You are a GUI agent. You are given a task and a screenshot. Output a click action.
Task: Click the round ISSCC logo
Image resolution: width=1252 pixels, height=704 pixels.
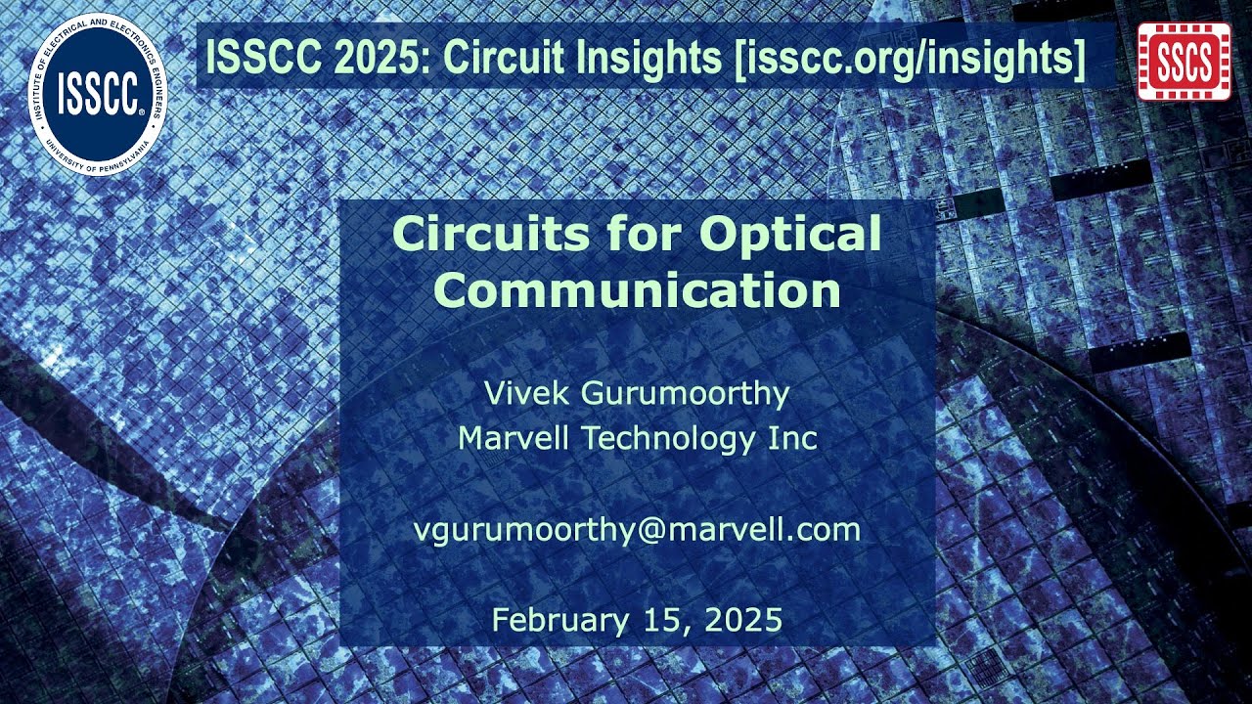[x=97, y=93]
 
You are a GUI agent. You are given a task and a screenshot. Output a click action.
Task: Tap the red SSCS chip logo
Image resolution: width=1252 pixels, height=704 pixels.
[x=1185, y=62]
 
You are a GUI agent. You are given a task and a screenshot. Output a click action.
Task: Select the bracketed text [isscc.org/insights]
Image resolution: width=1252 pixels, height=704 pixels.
[x=910, y=58]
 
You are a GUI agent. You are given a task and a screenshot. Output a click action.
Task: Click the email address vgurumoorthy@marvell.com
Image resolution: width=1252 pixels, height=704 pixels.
[x=637, y=530]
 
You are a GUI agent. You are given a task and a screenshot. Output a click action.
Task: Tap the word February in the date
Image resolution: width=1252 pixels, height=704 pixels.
[x=559, y=621]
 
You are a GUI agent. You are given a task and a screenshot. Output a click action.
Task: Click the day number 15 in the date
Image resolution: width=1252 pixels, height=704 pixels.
[x=663, y=620]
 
